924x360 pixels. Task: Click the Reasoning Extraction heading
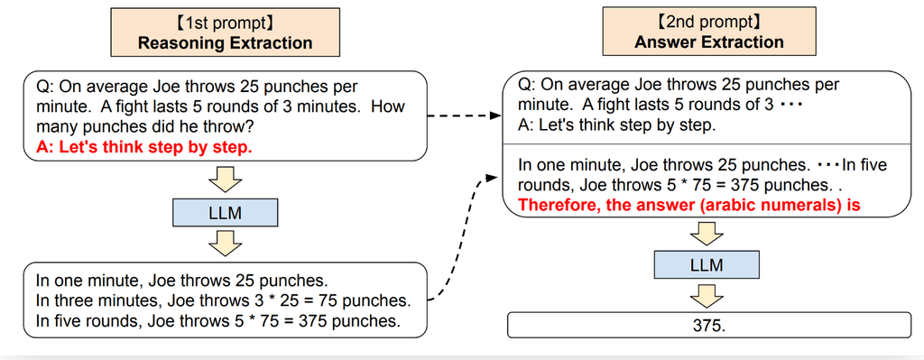tap(225, 42)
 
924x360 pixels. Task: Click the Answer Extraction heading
tap(709, 42)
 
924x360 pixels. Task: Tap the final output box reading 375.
tap(708, 325)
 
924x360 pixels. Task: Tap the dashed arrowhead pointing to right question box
tap(496, 115)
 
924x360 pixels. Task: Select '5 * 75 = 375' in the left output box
tap(289, 321)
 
